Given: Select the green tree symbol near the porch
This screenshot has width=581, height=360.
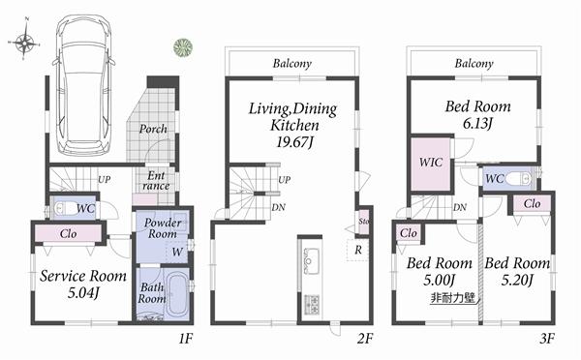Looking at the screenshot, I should (x=181, y=46).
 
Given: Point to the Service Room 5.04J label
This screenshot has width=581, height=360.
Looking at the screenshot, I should (x=83, y=283).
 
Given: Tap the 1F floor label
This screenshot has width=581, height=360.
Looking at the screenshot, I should (x=187, y=340).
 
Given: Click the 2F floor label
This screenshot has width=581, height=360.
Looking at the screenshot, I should (x=364, y=340).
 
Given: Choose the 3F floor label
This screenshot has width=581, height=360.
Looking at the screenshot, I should (x=547, y=340).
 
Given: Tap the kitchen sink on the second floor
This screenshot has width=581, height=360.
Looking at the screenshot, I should (x=312, y=260).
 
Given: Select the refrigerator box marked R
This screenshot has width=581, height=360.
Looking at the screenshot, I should (x=358, y=250).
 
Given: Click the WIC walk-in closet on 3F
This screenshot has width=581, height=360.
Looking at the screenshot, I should (x=431, y=163).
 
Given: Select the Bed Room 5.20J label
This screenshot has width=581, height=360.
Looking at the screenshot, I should (x=517, y=272).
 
